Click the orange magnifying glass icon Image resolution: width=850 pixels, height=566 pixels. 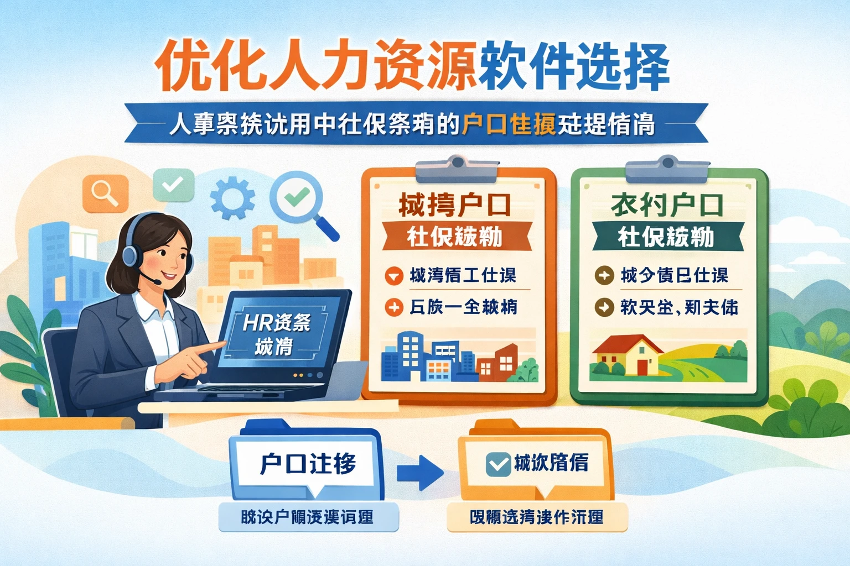coord(105,193)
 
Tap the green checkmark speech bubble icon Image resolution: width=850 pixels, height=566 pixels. coord(173,185)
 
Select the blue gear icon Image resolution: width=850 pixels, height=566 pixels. coord(233,197)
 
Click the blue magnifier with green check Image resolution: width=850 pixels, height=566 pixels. coord(298,197)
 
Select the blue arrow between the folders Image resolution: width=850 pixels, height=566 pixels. coord(420,473)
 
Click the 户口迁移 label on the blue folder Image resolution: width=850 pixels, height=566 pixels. coord(308,463)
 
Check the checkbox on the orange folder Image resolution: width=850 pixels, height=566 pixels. coord(497,464)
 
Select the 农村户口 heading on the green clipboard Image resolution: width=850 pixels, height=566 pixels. coord(667,205)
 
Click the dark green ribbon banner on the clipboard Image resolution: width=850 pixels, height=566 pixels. coord(666,237)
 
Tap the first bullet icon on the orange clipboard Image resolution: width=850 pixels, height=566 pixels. coord(394,275)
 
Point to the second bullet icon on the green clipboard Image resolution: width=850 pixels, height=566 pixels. coord(604,307)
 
